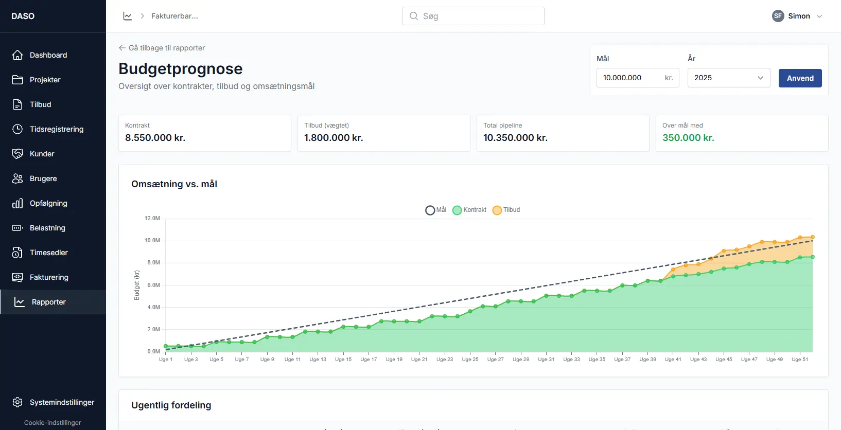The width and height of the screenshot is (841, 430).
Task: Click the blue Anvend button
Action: [800, 78]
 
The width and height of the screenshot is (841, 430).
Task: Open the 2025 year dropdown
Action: [729, 78]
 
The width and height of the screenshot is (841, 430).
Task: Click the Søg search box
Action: [473, 16]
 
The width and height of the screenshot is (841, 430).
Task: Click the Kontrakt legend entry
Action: [469, 210]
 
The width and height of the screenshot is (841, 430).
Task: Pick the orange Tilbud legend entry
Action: [506, 210]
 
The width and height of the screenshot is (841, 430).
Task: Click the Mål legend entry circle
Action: [430, 210]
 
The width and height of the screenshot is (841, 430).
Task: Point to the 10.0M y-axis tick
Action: [152, 241]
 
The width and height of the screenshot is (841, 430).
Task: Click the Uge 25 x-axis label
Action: [470, 360]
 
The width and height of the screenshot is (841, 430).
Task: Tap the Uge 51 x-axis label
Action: [800, 360]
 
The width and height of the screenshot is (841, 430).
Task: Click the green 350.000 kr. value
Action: [688, 138]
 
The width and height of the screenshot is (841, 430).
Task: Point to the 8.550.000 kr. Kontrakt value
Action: [155, 138]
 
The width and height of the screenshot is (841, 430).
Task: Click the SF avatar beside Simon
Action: [778, 16]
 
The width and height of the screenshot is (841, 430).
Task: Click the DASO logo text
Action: [23, 16]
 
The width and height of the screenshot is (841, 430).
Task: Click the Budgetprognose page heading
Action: [181, 68]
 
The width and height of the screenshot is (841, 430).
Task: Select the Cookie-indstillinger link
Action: [52, 422]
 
